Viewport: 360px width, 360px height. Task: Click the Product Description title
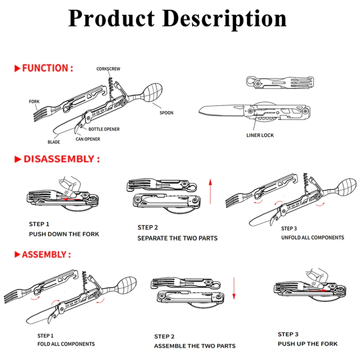click(x=177, y=19)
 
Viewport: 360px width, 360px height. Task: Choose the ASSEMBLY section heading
click(x=43, y=254)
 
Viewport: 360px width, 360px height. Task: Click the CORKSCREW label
click(x=108, y=69)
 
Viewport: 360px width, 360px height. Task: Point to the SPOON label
click(x=166, y=112)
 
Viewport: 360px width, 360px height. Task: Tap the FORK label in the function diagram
click(x=35, y=102)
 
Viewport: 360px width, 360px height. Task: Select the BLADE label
click(x=54, y=142)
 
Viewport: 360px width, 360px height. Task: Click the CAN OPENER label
click(x=88, y=139)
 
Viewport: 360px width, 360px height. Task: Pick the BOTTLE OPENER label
click(x=104, y=129)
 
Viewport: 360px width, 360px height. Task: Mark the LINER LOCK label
click(x=260, y=135)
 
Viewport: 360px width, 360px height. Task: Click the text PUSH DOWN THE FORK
click(x=64, y=234)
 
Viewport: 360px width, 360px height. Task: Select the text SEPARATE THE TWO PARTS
click(x=177, y=238)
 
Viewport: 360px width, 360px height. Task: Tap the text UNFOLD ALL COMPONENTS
click(x=312, y=237)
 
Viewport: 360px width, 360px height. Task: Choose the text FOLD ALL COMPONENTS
click(x=66, y=344)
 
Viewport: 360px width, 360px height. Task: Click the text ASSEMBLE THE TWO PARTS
click(x=194, y=346)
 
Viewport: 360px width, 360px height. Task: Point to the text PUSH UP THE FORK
click(x=307, y=344)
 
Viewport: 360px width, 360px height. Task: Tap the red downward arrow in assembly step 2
click(x=234, y=288)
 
